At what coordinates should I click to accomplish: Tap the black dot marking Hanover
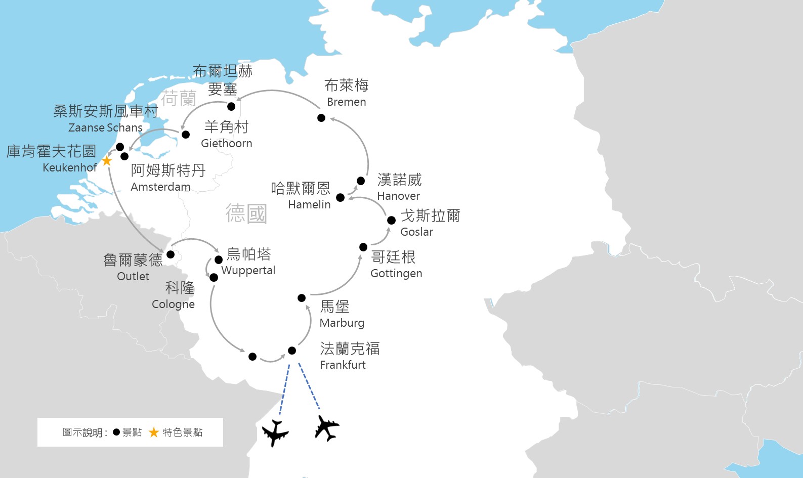361,181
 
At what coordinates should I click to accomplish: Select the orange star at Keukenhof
107,161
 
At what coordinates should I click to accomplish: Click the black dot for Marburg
302,298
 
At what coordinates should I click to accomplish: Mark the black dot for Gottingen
363,247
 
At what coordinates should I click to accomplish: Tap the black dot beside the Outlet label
171,254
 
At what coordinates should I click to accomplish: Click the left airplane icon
275,433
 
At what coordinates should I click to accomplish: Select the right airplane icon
326,428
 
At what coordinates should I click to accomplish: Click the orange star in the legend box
154,432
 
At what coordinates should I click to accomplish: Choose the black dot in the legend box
116,432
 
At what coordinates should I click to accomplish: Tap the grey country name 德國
246,213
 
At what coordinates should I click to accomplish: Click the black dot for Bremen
321,118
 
